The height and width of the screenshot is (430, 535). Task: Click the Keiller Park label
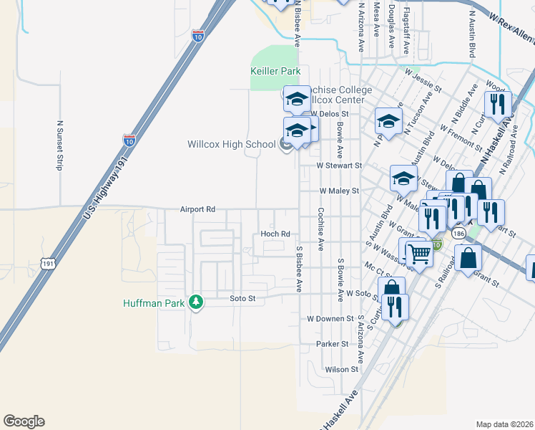click(x=275, y=72)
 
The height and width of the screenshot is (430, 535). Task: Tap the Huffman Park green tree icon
click(x=195, y=302)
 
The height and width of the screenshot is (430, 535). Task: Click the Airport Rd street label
click(x=197, y=210)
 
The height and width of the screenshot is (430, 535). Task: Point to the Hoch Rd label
click(x=275, y=234)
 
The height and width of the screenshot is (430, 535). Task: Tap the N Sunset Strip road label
click(x=59, y=144)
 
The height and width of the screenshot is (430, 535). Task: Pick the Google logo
click(x=24, y=421)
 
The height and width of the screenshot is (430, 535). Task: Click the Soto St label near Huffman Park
click(x=242, y=298)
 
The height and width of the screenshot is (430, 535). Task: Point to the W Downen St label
click(x=330, y=318)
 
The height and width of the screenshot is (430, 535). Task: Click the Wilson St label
click(x=341, y=369)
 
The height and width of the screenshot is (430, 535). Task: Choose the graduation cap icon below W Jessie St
click(x=388, y=121)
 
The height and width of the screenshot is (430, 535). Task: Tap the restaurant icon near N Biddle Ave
click(x=498, y=105)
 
